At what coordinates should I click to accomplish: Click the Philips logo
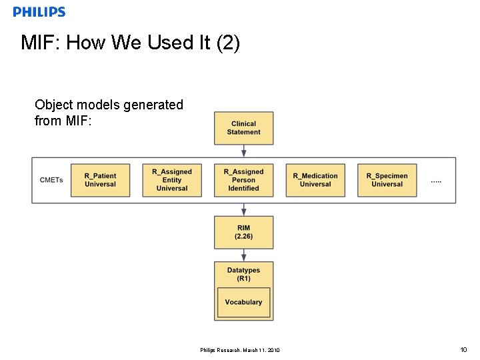(x=39, y=11)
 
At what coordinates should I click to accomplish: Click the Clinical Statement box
(x=243, y=128)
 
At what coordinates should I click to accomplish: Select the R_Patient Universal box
(x=100, y=180)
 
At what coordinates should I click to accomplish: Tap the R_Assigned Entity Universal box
(x=172, y=180)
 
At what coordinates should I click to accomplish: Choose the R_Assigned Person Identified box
(x=243, y=180)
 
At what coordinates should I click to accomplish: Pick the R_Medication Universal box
(x=315, y=180)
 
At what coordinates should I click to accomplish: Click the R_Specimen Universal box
(x=387, y=180)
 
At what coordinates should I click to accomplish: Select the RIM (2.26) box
(x=243, y=232)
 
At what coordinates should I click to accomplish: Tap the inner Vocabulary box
(x=243, y=302)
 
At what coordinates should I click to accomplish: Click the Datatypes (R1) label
(x=243, y=274)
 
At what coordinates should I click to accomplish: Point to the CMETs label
(x=51, y=180)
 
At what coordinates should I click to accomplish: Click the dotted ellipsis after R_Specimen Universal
(x=436, y=181)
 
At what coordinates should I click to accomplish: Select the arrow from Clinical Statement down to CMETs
(x=243, y=151)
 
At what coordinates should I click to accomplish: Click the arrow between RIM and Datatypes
(x=243, y=255)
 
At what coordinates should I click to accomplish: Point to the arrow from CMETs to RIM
(x=243, y=209)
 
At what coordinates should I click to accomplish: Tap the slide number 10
(x=463, y=350)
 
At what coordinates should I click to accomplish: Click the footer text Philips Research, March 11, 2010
(x=240, y=351)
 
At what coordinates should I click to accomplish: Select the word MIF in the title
(x=39, y=43)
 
